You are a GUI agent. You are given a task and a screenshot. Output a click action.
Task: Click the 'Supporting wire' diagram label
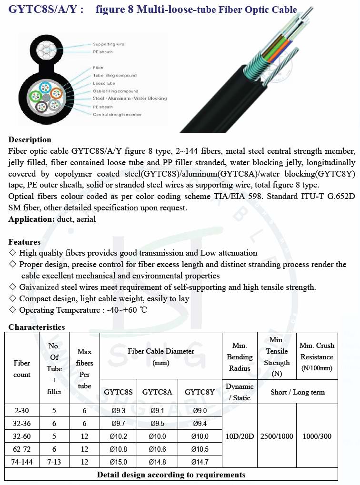tap(109, 44)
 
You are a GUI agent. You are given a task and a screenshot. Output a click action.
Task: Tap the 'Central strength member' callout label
tap(117, 115)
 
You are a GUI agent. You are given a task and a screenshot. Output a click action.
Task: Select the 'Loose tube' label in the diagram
tap(104, 83)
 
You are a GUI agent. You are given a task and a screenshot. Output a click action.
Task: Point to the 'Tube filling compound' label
tap(115, 76)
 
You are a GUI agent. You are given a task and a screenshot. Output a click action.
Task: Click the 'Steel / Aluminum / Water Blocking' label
tap(130, 99)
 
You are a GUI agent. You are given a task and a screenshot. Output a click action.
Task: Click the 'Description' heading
tap(30, 139)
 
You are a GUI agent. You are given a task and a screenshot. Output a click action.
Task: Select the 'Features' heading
tap(24, 242)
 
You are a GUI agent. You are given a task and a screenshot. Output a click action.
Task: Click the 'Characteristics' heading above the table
tap(37, 327)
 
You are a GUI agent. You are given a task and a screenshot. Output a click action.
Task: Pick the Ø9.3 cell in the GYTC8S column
tap(118, 410)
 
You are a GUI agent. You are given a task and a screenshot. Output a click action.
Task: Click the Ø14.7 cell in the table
tap(200, 462)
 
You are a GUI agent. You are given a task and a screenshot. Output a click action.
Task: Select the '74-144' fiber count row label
tap(22, 462)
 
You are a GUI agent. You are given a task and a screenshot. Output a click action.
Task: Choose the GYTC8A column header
tap(157, 392)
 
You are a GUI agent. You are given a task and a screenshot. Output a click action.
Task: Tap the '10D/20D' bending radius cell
tap(240, 436)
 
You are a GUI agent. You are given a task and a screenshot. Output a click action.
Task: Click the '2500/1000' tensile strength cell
tap(277, 436)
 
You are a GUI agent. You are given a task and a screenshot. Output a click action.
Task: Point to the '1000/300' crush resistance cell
tap(317, 436)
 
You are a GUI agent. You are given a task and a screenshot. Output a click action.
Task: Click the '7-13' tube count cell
tap(54, 462)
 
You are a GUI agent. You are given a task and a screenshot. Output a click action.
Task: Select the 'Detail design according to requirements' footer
tap(171, 475)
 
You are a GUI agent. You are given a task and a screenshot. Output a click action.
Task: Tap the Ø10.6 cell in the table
tap(157, 449)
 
